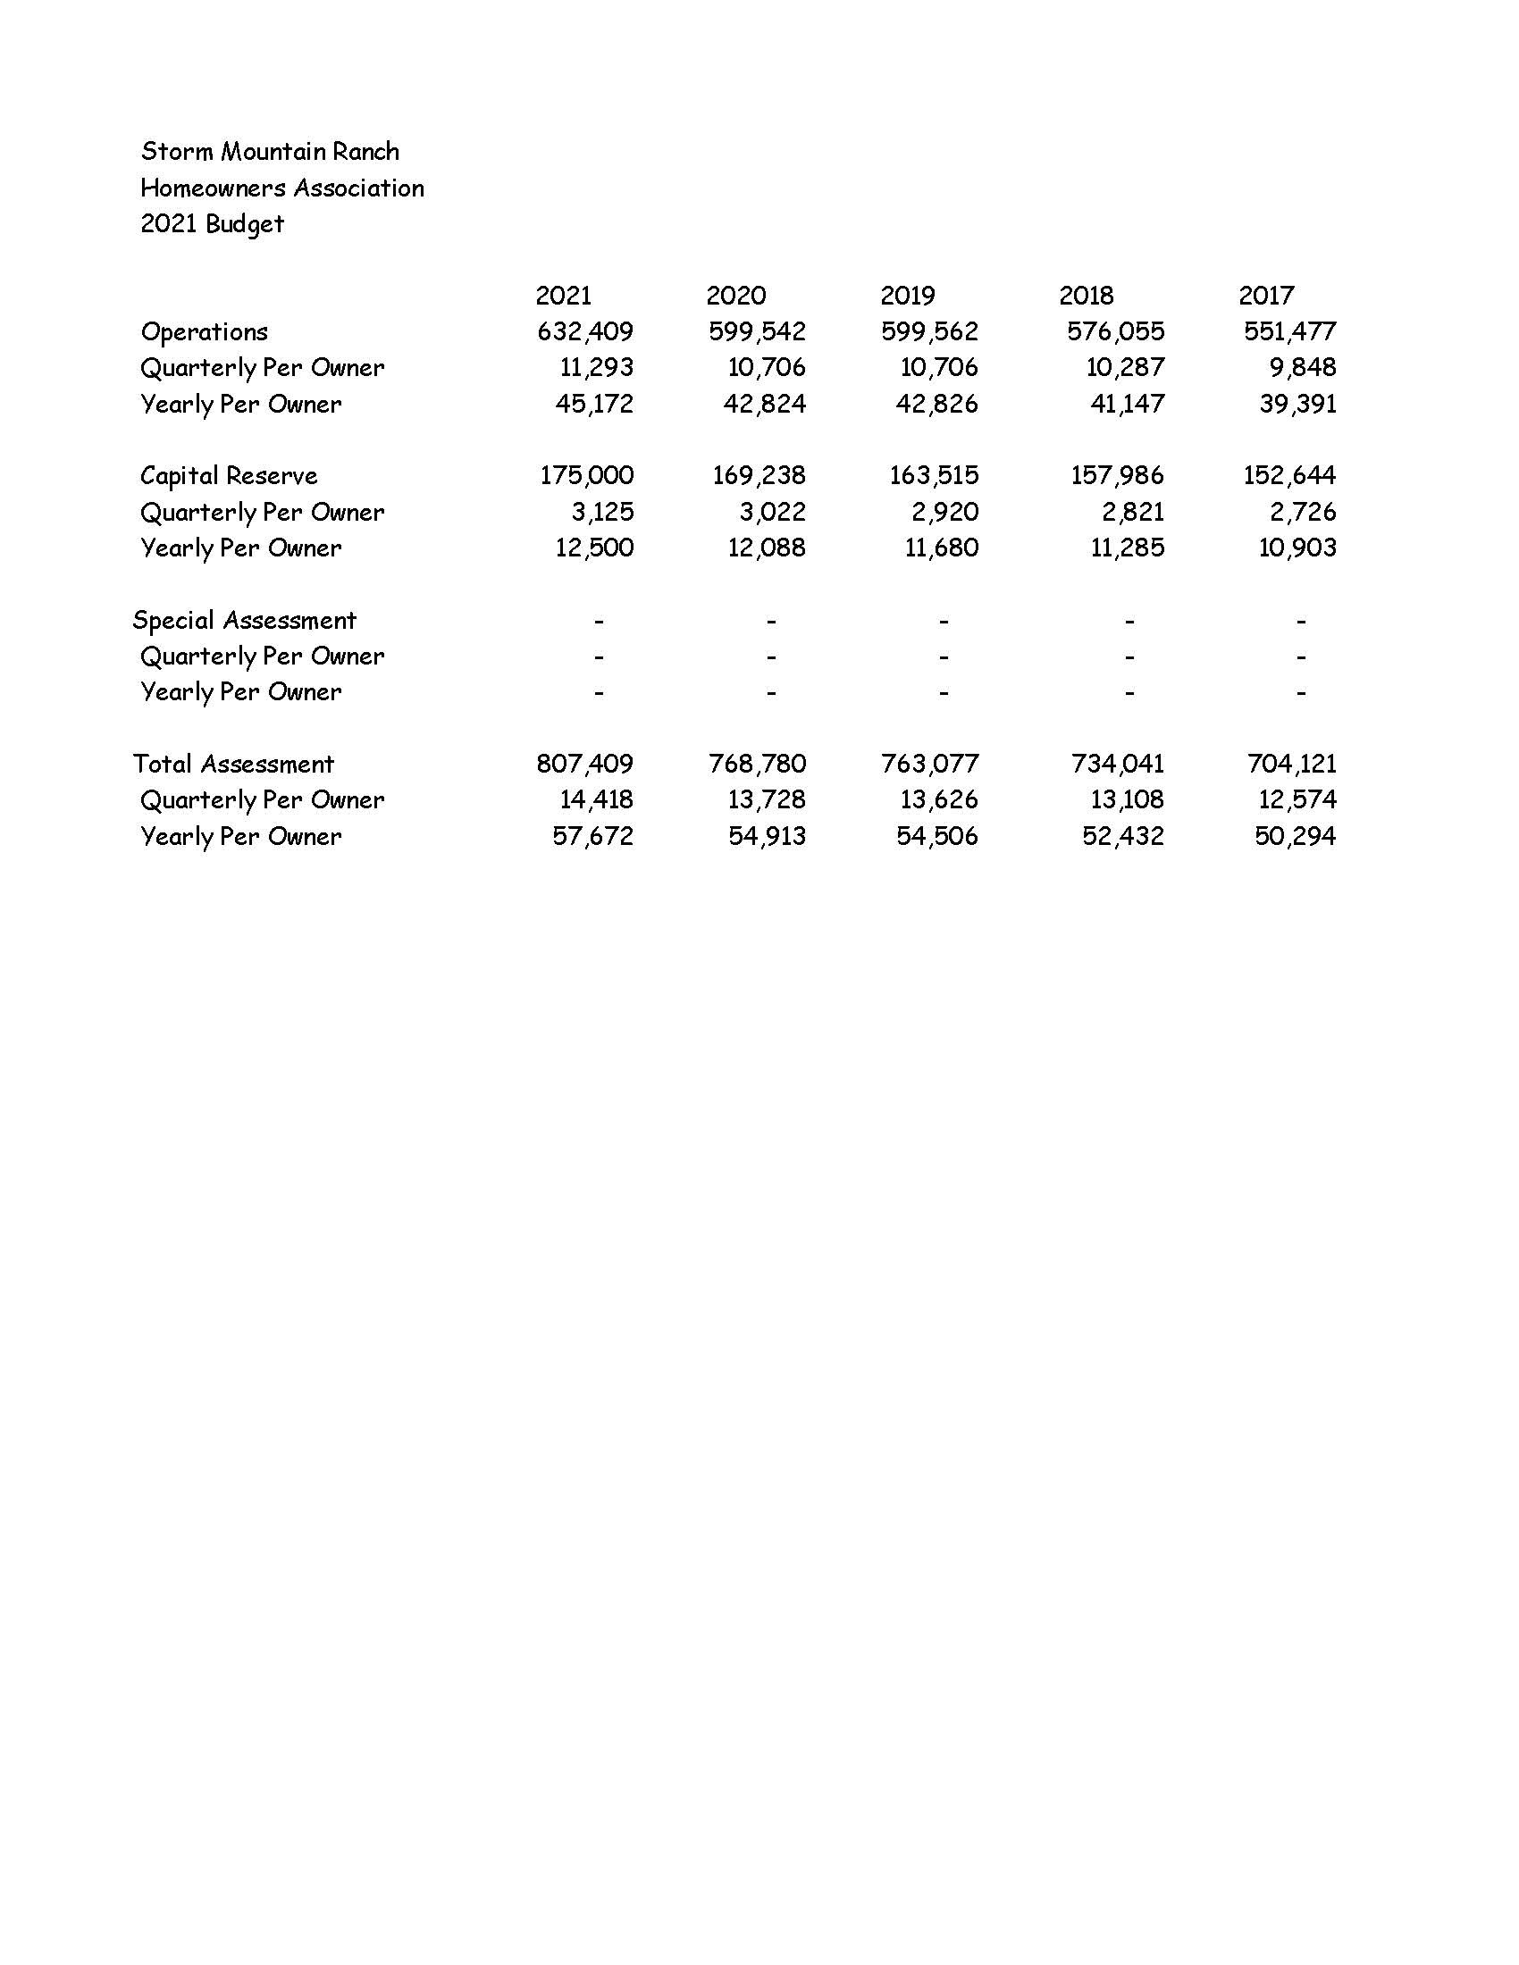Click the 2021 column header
(x=563, y=296)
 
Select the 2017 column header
(x=1266, y=296)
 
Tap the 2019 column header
(x=907, y=296)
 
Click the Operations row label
(x=205, y=333)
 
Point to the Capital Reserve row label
(x=229, y=476)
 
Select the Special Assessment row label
(x=244, y=621)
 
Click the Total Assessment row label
(x=233, y=765)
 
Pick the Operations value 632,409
(x=585, y=332)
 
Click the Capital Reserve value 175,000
(x=587, y=476)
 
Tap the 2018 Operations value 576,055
(x=1115, y=332)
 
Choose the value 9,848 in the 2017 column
(x=1302, y=368)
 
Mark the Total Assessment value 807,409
(x=585, y=765)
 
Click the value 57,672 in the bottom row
(x=592, y=837)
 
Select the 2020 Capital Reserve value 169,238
(x=759, y=476)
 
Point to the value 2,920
(x=944, y=513)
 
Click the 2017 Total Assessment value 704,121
(x=1291, y=765)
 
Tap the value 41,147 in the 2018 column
(x=1127, y=404)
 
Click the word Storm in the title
(x=177, y=152)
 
